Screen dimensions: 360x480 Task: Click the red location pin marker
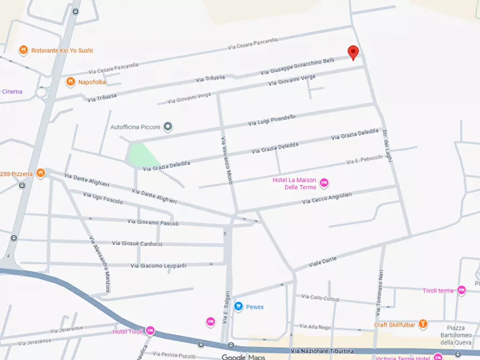(x=353, y=52)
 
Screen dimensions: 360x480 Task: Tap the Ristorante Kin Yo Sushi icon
(x=23, y=51)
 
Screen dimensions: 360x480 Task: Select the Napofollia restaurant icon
(x=70, y=82)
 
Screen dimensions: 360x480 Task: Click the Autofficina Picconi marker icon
(x=168, y=127)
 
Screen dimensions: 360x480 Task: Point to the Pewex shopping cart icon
(x=238, y=307)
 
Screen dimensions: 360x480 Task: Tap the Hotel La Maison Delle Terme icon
(x=324, y=183)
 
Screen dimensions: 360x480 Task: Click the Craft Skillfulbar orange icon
(x=424, y=324)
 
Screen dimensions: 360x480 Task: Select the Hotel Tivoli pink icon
(x=150, y=331)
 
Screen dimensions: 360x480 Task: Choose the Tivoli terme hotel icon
(x=461, y=290)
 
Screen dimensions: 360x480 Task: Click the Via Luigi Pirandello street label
(x=272, y=120)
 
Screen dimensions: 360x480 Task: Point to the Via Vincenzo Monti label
(x=227, y=160)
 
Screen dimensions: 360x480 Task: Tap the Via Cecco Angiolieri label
(x=327, y=198)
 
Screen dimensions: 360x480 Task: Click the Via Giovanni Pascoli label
(x=153, y=222)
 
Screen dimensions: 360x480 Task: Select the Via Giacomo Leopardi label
(x=159, y=265)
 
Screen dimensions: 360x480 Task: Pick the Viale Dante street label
(x=323, y=262)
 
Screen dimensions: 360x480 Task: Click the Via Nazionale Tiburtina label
(x=328, y=351)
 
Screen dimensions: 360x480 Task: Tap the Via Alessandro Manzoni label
(x=100, y=264)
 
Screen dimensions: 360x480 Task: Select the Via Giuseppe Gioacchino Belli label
(x=297, y=67)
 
